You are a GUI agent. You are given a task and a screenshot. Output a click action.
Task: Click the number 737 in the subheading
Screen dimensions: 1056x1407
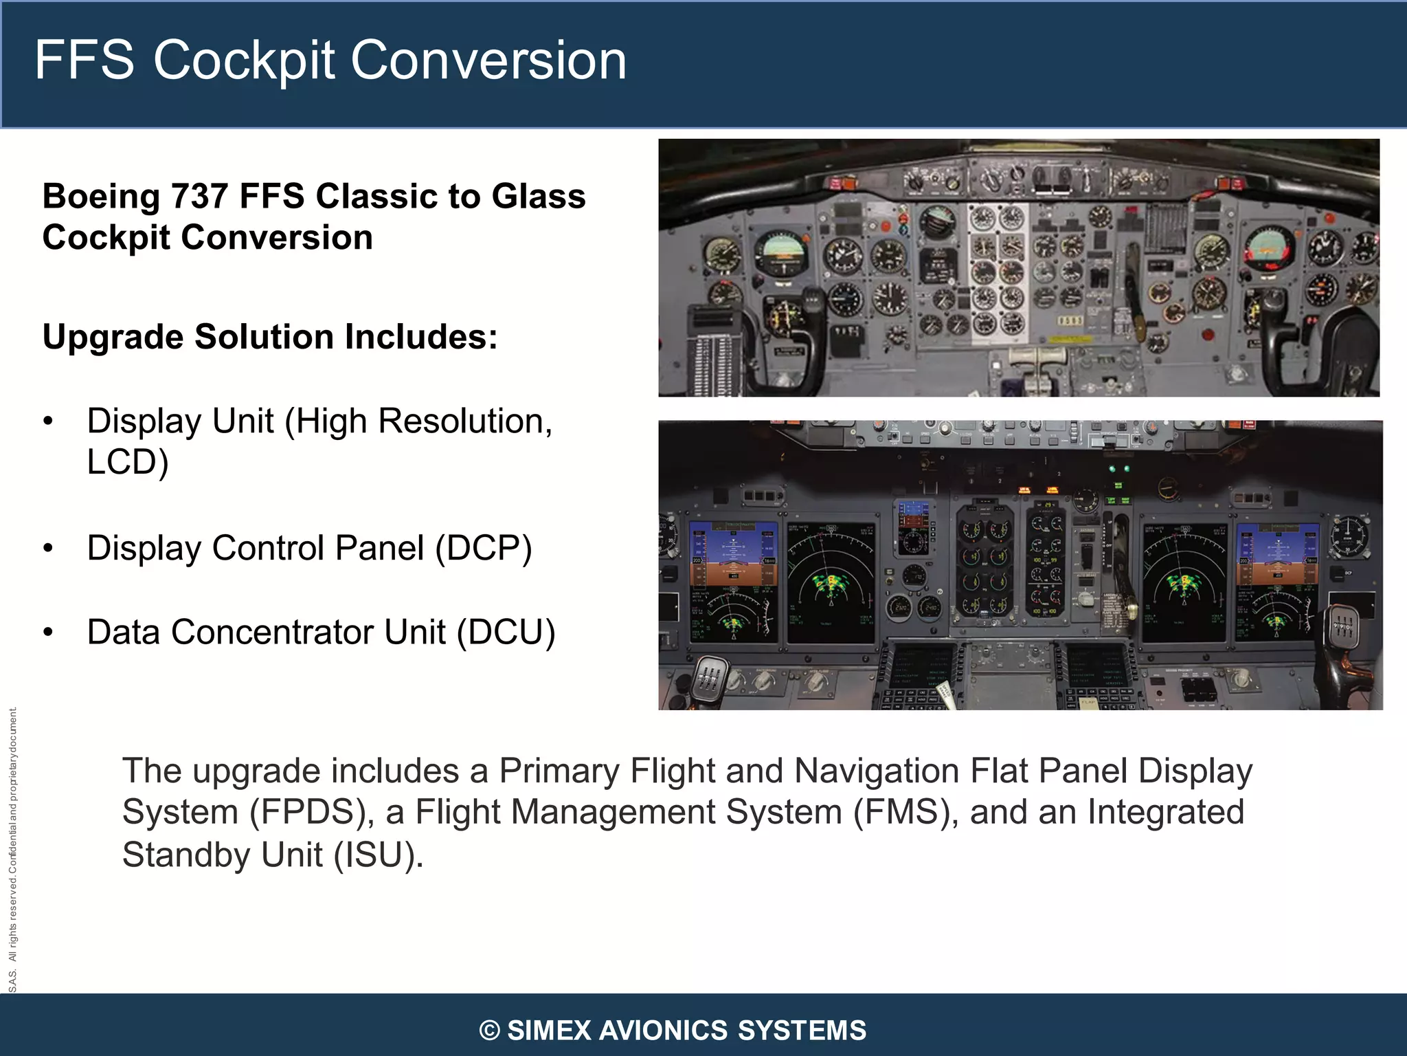coord(199,196)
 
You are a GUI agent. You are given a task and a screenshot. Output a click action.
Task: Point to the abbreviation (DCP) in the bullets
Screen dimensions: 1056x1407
coord(484,549)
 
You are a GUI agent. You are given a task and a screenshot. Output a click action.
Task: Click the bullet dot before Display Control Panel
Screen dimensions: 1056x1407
coord(47,549)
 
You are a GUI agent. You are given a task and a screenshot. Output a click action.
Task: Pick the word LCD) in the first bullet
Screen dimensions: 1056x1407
coord(128,462)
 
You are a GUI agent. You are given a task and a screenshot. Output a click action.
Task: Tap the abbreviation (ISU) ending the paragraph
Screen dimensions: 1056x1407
coord(379,855)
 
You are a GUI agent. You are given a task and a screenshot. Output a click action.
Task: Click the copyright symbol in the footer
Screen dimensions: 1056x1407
coord(489,1031)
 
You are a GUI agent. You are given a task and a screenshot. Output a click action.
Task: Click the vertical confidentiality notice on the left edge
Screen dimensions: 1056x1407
coord(12,850)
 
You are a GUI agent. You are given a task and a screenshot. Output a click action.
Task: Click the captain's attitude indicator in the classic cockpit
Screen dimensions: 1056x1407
coord(781,252)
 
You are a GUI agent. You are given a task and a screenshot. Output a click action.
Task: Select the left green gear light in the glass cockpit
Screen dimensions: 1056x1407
coord(1112,469)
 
